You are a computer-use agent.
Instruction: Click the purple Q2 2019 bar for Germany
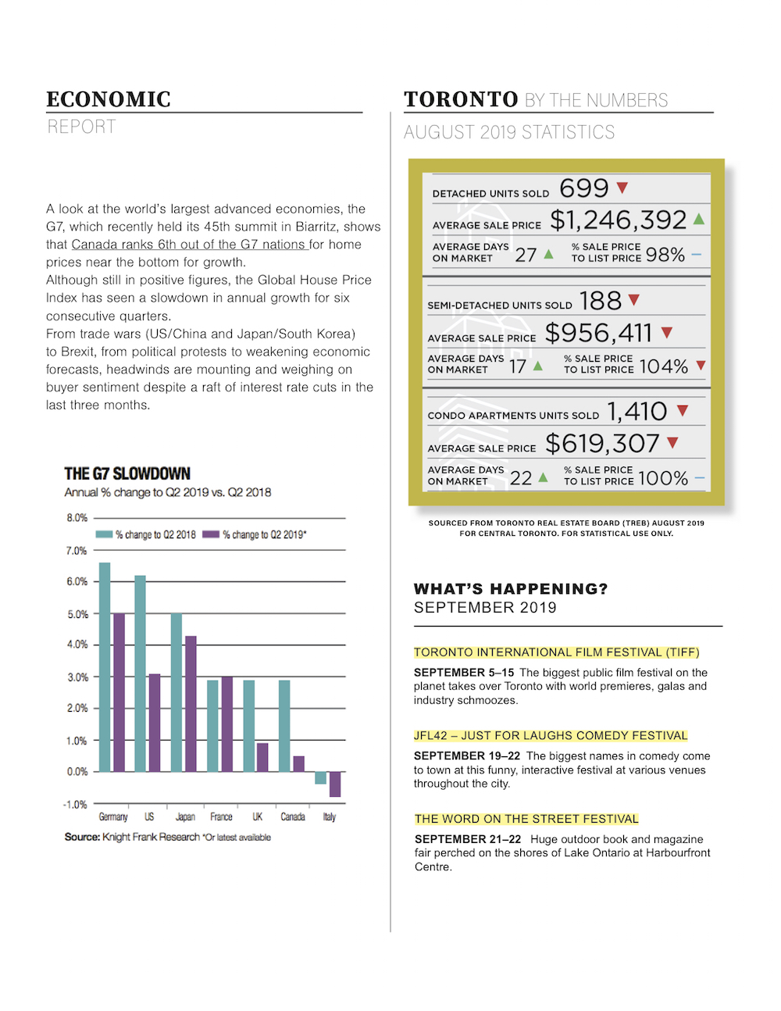119,692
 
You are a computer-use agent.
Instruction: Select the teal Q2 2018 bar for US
140,673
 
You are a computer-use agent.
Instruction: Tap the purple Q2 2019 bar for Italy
335,784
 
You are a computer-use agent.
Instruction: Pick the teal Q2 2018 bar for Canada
284,726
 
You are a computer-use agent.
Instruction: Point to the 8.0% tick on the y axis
77,518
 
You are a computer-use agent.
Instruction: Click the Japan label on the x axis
185,817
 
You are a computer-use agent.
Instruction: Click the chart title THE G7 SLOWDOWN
127,473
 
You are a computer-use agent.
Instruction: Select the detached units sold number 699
584,188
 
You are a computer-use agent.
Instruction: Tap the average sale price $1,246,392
618,220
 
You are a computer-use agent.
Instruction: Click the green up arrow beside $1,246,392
699,220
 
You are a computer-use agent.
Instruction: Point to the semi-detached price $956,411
598,334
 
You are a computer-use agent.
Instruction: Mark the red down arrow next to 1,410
683,410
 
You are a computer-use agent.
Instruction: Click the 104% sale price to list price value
664,366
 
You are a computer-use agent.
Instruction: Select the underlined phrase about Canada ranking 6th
189,245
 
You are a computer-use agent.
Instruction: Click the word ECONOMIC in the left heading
109,99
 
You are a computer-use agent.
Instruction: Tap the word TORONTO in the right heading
461,99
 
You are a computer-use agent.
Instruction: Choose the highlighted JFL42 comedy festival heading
551,736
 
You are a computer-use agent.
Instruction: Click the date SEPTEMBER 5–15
464,673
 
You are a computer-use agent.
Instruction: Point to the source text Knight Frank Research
151,838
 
